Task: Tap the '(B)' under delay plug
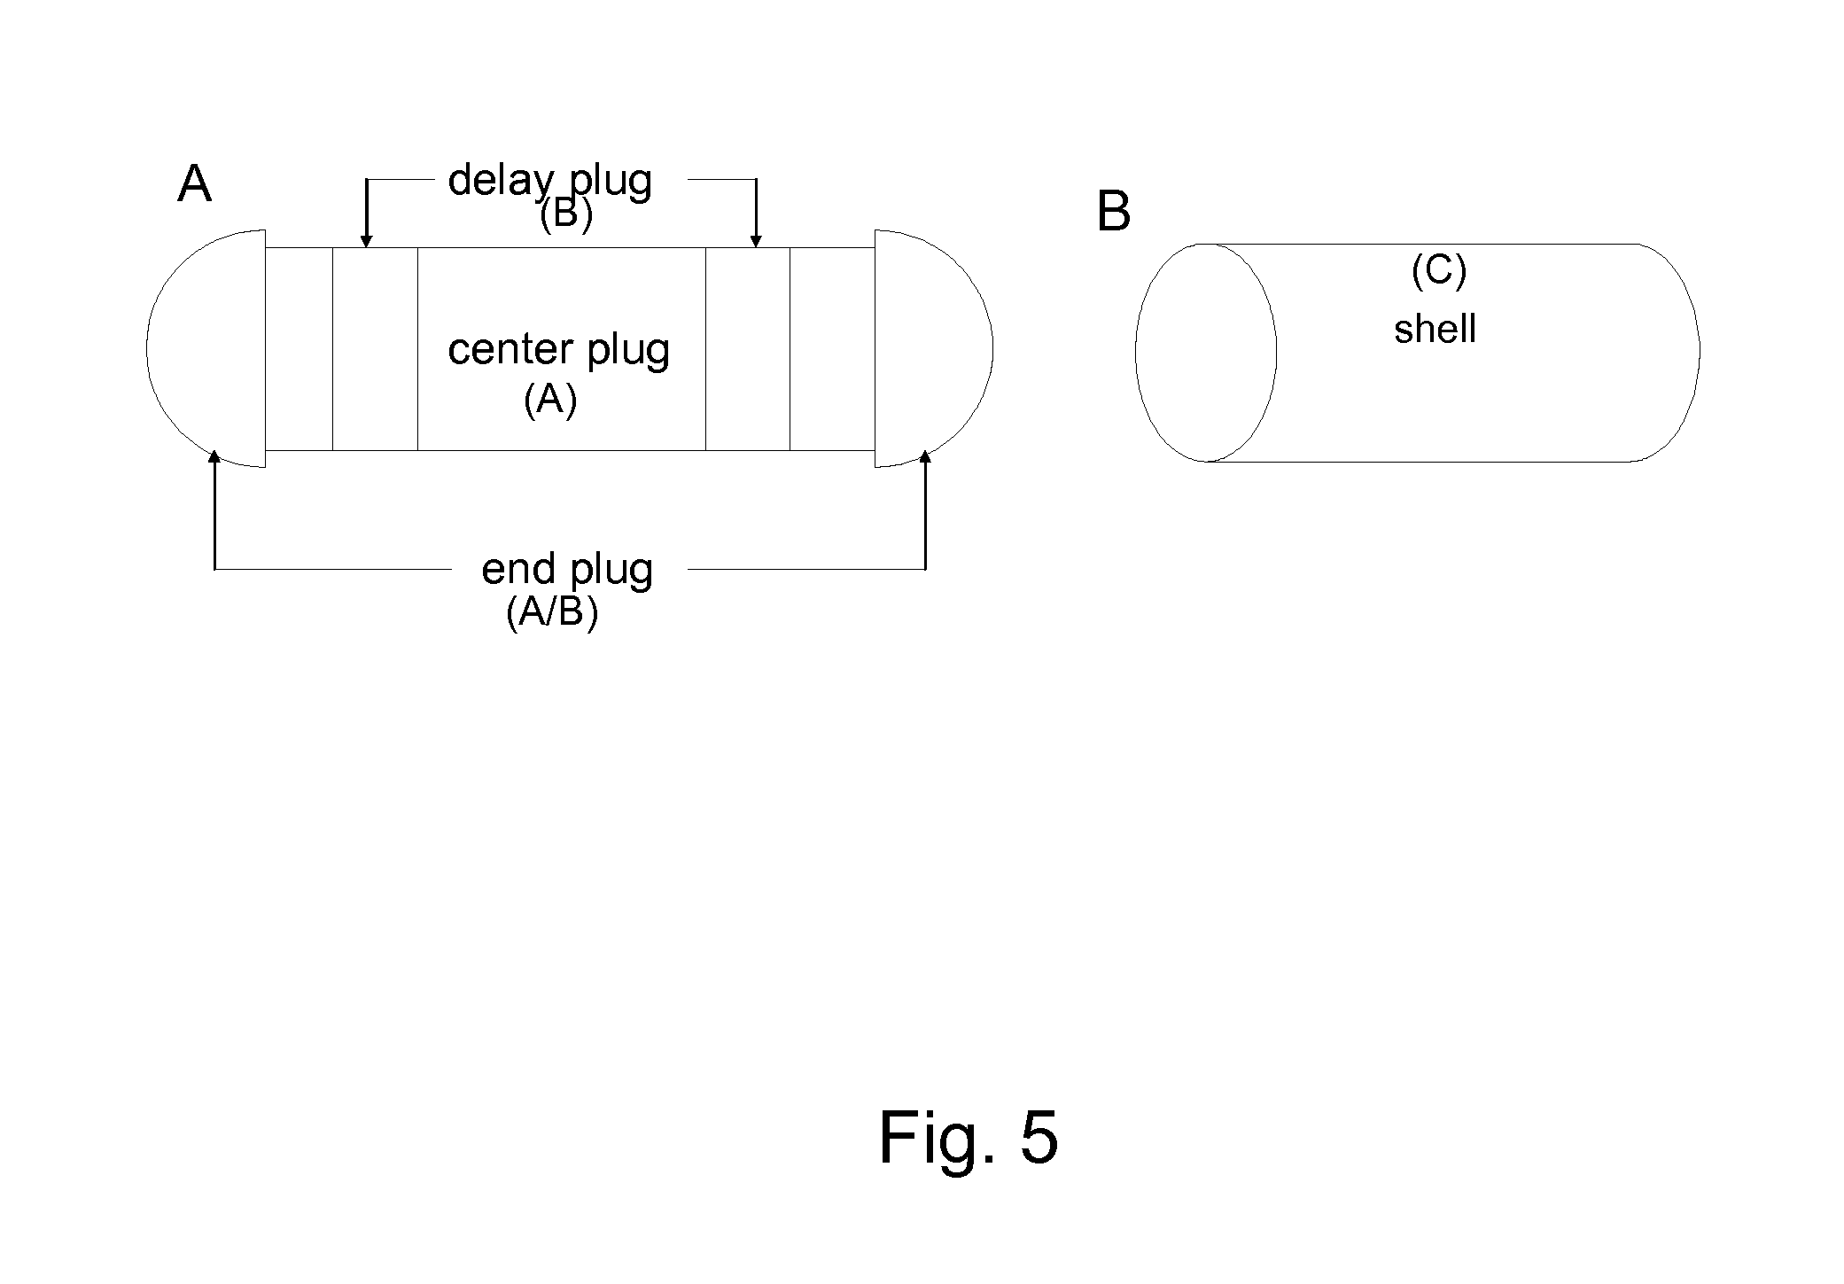click(x=566, y=214)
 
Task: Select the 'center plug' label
click(x=558, y=350)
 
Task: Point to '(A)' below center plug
click(x=550, y=400)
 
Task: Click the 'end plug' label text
click(x=567, y=571)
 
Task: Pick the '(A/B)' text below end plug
click(x=552, y=612)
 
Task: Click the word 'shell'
click(x=1435, y=329)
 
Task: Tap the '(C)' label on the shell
click(x=1439, y=270)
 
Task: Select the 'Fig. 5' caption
click(x=968, y=1137)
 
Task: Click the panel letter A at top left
click(x=195, y=184)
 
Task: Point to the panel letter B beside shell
click(x=1113, y=212)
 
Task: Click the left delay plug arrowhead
click(x=366, y=240)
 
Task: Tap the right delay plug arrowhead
click(x=756, y=240)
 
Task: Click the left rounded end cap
click(x=206, y=348)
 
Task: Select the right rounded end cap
click(x=934, y=348)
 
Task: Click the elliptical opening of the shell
click(x=1206, y=353)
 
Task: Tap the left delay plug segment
click(x=375, y=349)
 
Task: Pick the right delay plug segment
click(x=748, y=349)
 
